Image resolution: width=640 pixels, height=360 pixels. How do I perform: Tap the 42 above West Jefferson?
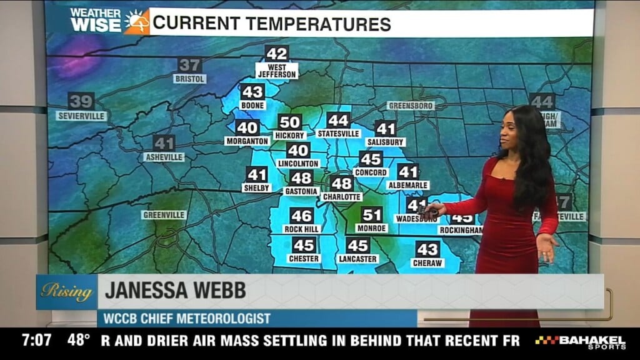[x=276, y=54]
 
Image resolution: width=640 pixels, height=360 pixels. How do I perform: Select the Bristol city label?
[x=189, y=79]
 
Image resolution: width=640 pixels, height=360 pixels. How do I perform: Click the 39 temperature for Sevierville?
[x=81, y=101]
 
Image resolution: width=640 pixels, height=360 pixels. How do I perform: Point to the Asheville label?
[x=164, y=157]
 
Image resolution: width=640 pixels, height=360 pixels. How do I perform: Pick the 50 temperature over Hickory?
[x=289, y=122]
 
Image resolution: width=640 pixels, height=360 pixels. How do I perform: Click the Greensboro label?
[x=411, y=106]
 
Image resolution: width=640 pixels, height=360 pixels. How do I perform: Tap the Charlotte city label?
[x=342, y=197]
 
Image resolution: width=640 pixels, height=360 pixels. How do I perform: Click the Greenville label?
[x=164, y=215]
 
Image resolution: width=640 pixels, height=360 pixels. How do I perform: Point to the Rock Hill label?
[x=302, y=229]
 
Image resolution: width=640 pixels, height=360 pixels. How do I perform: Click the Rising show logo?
[x=66, y=291]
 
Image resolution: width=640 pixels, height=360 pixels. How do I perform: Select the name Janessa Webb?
[x=175, y=291]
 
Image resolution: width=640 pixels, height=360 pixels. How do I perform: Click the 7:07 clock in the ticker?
[x=36, y=341]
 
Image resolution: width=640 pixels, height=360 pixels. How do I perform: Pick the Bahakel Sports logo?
[x=580, y=342]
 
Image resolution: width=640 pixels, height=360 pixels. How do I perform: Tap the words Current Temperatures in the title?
[x=271, y=24]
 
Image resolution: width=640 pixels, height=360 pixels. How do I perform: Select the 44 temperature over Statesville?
[x=338, y=121]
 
